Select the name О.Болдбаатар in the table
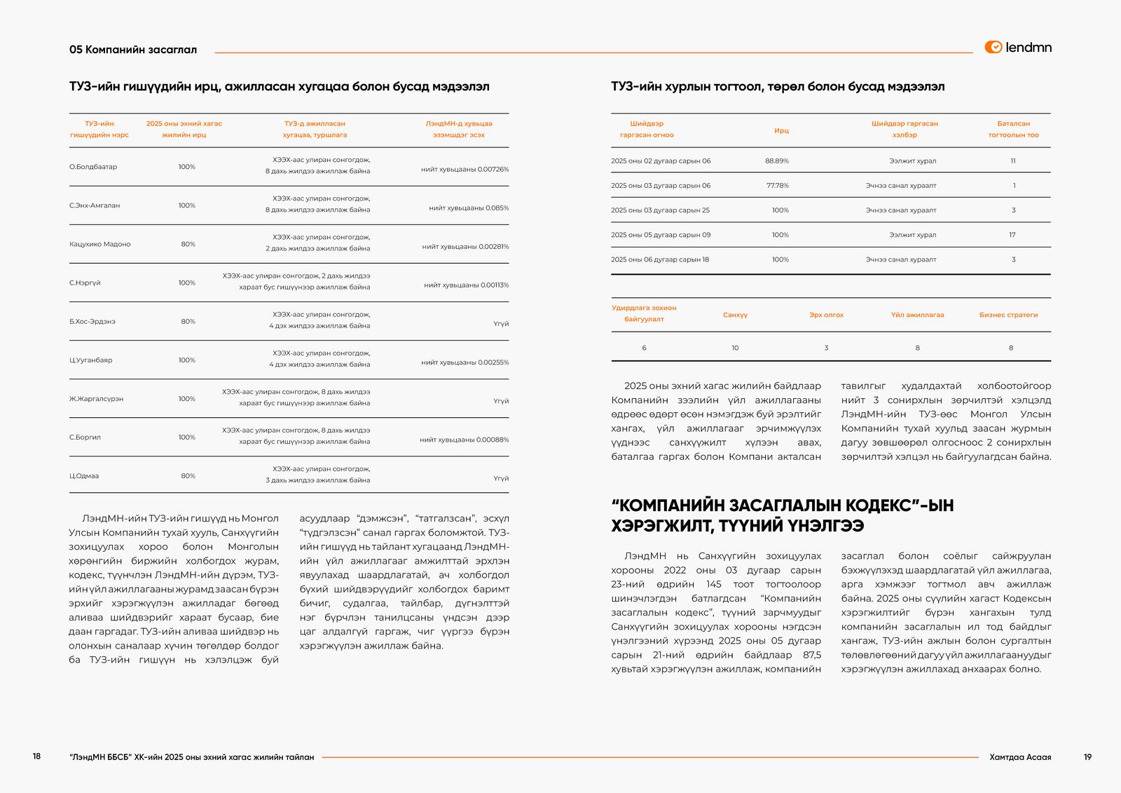(93, 167)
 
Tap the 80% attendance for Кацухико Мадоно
(188, 244)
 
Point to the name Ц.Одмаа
(84, 476)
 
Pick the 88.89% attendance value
(776, 161)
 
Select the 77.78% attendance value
(777, 186)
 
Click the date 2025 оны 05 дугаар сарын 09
(660, 235)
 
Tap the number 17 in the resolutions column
(1012, 235)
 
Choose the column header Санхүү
(735, 315)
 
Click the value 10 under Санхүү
(735, 348)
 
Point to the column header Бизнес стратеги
(1008, 315)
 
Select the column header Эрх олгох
(826, 315)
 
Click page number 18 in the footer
(36, 757)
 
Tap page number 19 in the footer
(1087, 757)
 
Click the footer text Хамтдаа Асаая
(1019, 757)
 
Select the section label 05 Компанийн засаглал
(133, 50)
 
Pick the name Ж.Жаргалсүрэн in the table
(96, 399)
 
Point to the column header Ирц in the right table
(781, 130)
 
